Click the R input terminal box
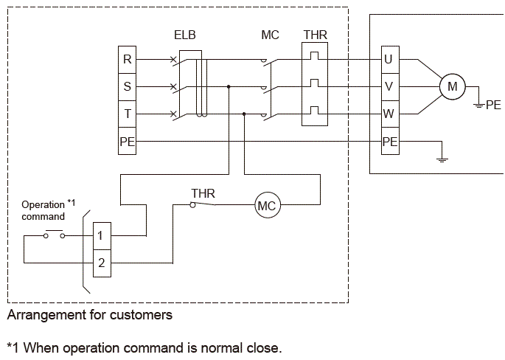[128, 60]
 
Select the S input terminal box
[128, 87]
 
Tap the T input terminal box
[128, 114]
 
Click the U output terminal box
[390, 60]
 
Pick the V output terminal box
[390, 87]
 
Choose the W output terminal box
[390, 114]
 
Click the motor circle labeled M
[453, 87]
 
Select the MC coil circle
[268, 205]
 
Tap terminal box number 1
[102, 236]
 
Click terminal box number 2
[102, 263]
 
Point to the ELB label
[185, 35]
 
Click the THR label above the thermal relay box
[316, 35]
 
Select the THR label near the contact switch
[203, 193]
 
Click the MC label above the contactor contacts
[271, 35]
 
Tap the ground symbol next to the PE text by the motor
[479, 105]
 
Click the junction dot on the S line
[229, 87]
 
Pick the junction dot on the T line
[244, 114]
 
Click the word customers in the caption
[141, 315]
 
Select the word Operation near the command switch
[43, 205]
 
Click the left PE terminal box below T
[128, 141]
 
